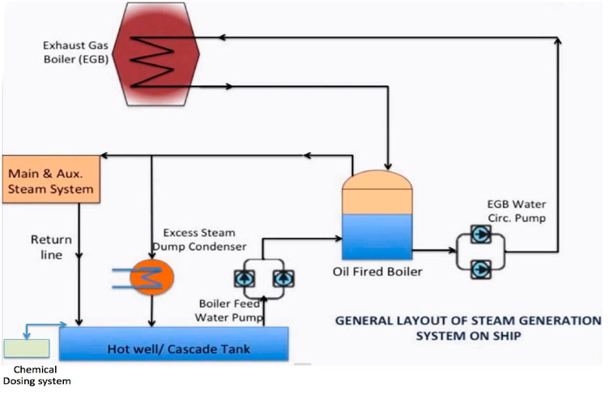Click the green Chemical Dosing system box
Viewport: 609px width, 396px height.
click(x=26, y=347)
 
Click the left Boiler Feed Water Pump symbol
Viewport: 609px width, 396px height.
click(x=243, y=278)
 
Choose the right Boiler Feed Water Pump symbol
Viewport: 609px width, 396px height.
click(x=283, y=278)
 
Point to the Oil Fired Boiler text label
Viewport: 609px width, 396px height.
click(x=377, y=272)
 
